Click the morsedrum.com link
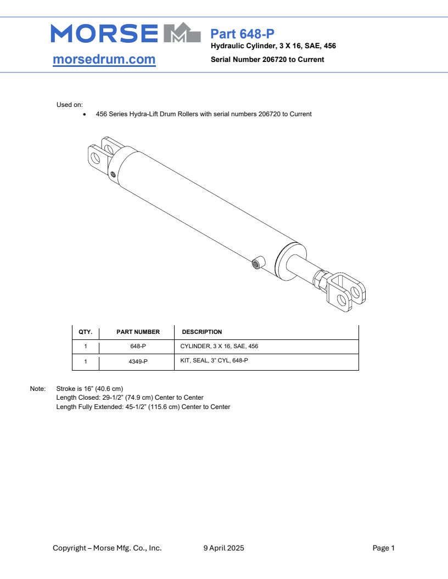[104, 59]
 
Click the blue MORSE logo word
[104, 33]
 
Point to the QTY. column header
[85, 332]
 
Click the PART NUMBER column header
[138, 332]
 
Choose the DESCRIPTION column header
[201, 332]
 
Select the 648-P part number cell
[138, 347]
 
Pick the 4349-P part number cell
[138, 361]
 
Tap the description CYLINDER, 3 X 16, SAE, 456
[219, 347]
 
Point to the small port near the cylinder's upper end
[113, 174]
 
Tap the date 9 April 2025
[223, 548]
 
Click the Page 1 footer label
[383, 548]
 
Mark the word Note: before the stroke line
[37, 389]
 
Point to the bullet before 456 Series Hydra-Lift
[84, 115]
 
